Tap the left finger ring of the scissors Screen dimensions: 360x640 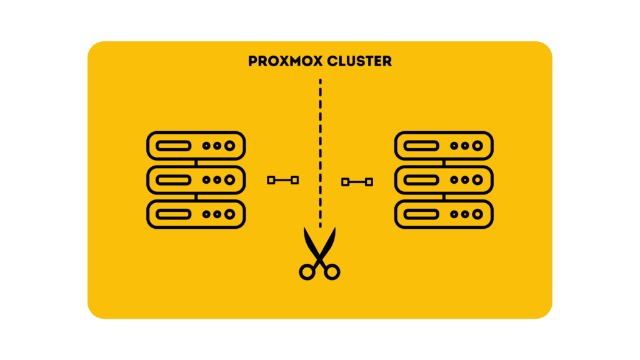tap(307, 271)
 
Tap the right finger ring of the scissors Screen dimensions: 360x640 tap(332, 271)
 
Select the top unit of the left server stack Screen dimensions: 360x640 tap(196, 146)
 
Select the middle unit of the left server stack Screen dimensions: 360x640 tap(196, 180)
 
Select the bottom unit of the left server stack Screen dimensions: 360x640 tap(196, 214)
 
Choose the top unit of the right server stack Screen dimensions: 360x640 tap(444, 146)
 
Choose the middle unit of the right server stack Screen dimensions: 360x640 tap(444, 180)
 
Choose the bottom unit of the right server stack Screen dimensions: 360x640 tap(444, 214)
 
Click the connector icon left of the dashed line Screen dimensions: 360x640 tap(283, 181)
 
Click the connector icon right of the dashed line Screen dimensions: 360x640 tap(357, 182)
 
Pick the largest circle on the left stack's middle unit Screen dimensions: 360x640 tap(230, 180)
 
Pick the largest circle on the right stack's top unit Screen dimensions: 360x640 tap(478, 146)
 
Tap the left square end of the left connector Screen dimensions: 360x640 tap(271, 181)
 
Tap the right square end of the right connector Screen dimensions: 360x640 tap(369, 182)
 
